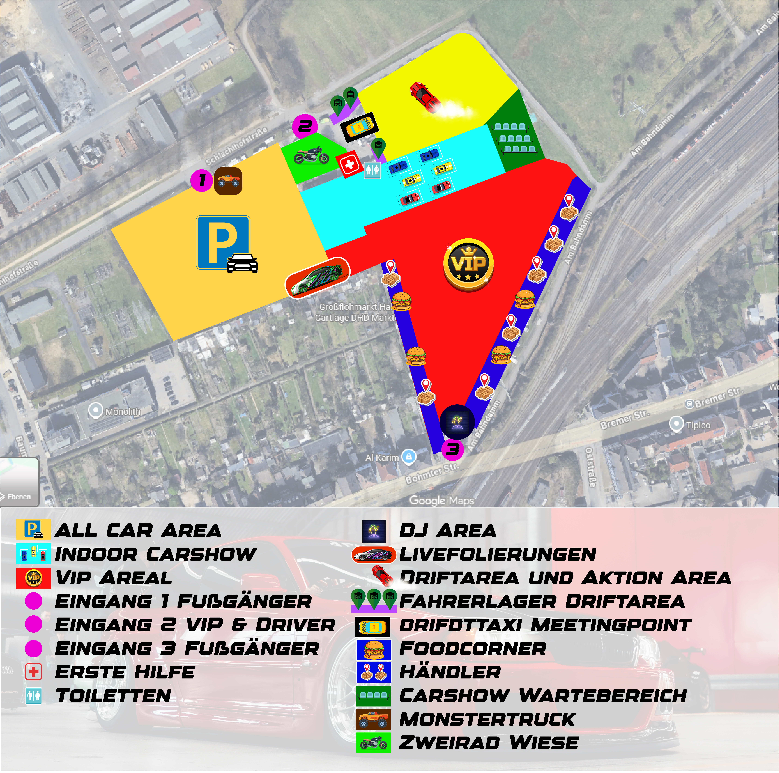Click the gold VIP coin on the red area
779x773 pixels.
click(468, 264)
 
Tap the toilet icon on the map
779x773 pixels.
click(373, 170)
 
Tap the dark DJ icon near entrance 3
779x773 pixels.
click(457, 422)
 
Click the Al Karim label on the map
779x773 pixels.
click(382, 458)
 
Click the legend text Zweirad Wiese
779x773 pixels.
click(489, 743)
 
